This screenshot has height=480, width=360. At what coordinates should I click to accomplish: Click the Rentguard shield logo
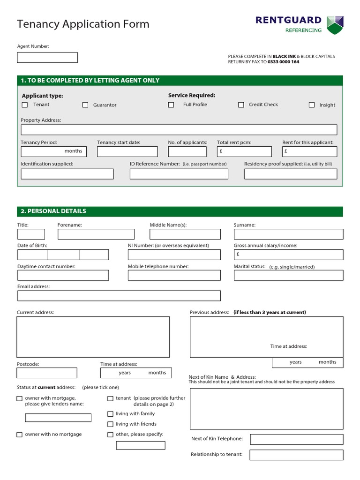pyautogui.click(x=335, y=25)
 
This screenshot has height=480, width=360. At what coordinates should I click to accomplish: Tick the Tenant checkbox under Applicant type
pyautogui.click(x=25, y=105)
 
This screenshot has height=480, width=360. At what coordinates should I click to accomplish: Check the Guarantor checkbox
pyautogui.click(x=85, y=105)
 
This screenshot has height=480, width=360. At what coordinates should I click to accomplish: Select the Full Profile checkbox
pyautogui.click(x=171, y=105)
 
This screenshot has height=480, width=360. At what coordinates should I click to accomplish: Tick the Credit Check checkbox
pyautogui.click(x=241, y=105)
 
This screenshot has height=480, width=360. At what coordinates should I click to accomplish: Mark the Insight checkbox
pyautogui.click(x=312, y=105)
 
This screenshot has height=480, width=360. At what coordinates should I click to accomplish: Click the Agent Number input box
pyautogui.click(x=47, y=58)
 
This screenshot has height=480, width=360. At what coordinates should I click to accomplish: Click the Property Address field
pyautogui.click(x=179, y=130)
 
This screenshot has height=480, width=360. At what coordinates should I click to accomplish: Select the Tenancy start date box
pyautogui.click(x=127, y=151)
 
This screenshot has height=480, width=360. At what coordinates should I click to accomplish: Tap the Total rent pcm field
pyautogui.click(x=244, y=151)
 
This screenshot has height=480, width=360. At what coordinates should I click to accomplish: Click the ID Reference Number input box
pyautogui.click(x=179, y=174)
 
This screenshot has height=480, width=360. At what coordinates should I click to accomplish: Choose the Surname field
pyautogui.click(x=288, y=234)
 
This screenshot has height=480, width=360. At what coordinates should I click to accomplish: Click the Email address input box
pyautogui.click(x=119, y=296)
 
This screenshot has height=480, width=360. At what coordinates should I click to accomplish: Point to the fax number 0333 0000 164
pyautogui.click(x=283, y=62)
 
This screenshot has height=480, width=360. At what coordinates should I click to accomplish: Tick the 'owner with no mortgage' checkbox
pyautogui.click(x=19, y=435)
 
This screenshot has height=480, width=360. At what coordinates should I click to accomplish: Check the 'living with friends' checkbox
pyautogui.click(x=110, y=424)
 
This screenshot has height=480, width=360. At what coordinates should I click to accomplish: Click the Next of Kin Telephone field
pyautogui.click(x=296, y=439)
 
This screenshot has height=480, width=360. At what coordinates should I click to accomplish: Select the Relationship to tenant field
pyautogui.click(x=296, y=455)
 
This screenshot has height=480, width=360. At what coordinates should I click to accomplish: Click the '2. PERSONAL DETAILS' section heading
pyautogui.click(x=53, y=211)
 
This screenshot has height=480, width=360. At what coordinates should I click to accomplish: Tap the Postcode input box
pyautogui.click(x=47, y=373)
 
